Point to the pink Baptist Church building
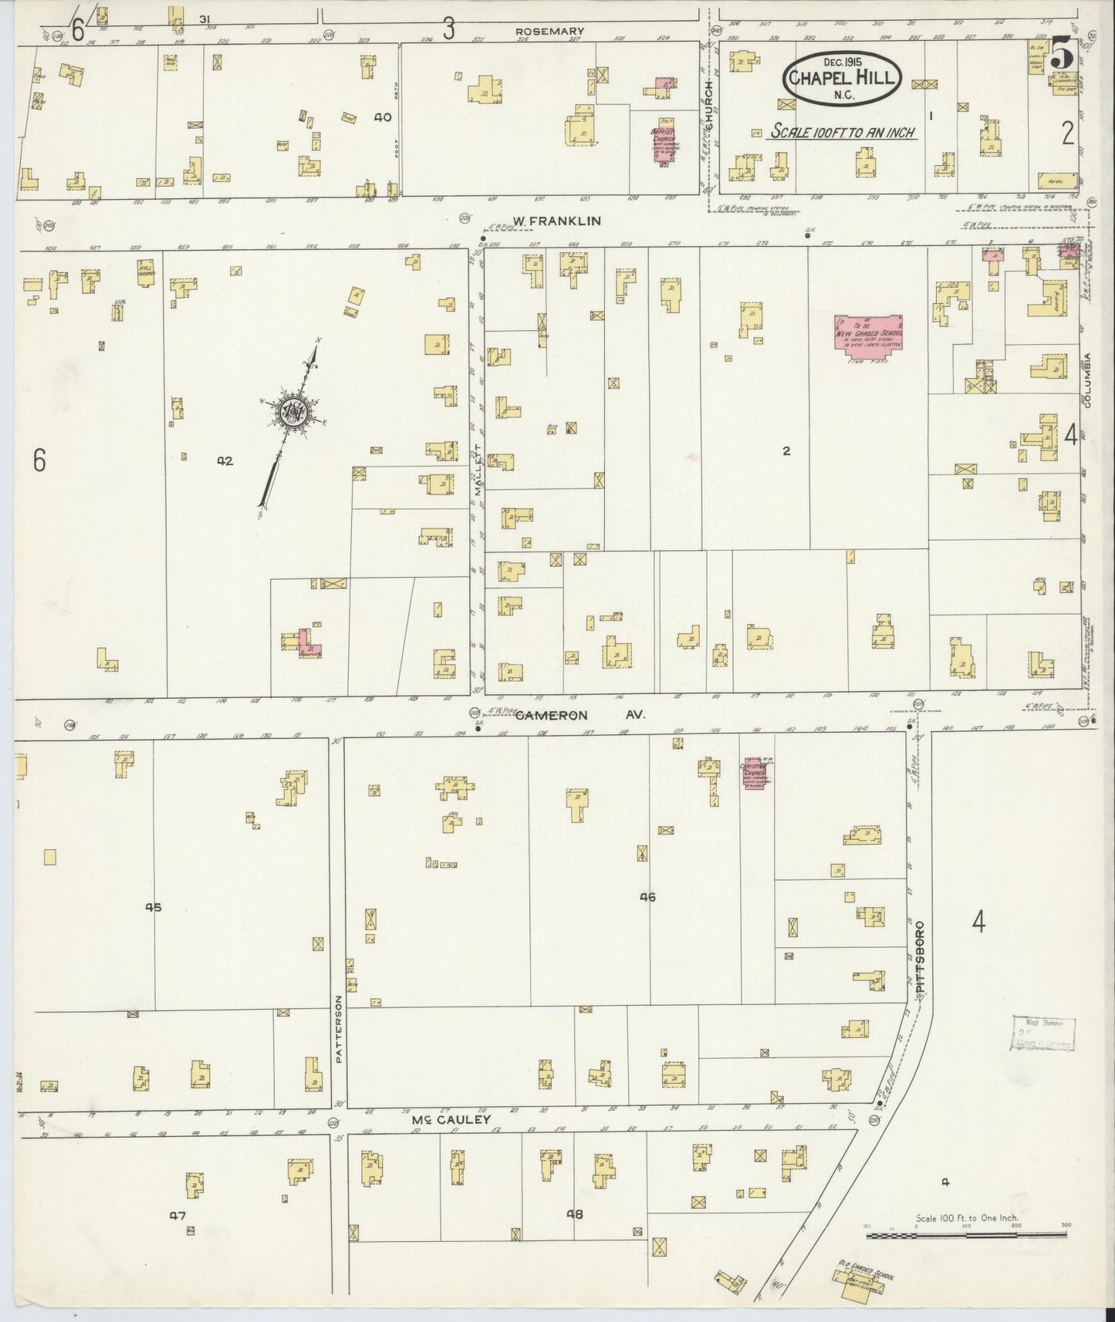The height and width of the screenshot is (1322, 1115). tap(664, 140)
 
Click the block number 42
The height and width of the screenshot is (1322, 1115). tap(225, 461)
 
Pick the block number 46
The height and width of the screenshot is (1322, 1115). tap(647, 897)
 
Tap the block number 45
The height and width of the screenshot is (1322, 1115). tap(154, 907)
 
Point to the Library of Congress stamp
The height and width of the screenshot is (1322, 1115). tap(1042, 1033)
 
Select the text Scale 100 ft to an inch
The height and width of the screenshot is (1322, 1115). tap(843, 132)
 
